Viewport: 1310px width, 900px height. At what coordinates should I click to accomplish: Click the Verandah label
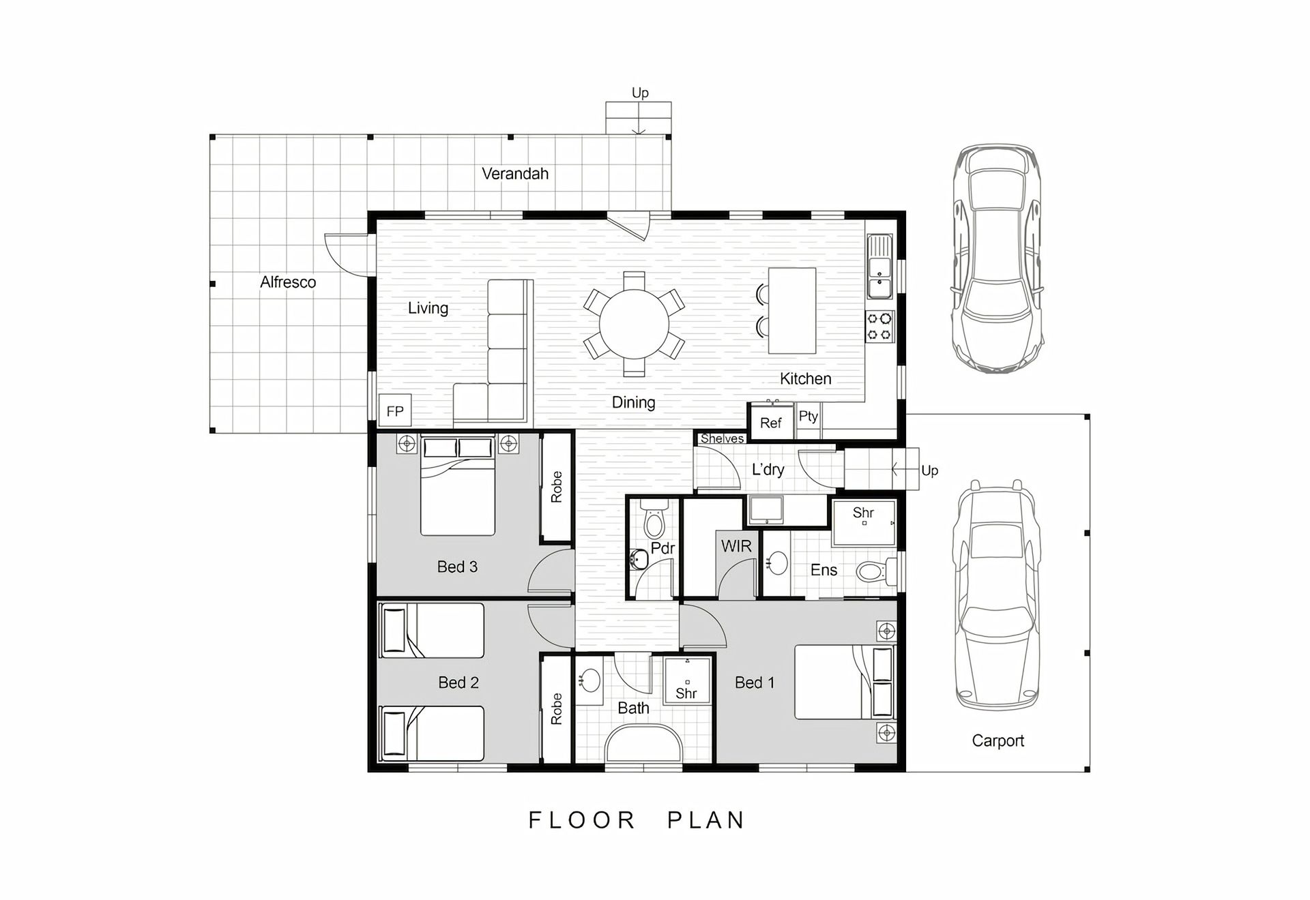pyautogui.click(x=515, y=174)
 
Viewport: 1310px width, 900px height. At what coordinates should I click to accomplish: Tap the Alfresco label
pyautogui.click(x=288, y=282)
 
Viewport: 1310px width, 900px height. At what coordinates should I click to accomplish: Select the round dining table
pyautogui.click(x=634, y=324)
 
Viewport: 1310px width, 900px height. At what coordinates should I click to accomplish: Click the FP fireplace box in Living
pyautogui.click(x=395, y=410)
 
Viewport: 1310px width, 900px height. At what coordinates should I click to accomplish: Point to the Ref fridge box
pyautogui.click(x=771, y=423)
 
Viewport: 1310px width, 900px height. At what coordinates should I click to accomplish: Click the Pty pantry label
pyautogui.click(x=809, y=416)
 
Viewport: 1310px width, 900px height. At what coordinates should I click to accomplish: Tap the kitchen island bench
pyautogui.click(x=792, y=310)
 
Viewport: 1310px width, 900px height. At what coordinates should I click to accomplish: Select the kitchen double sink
pyautogui.click(x=879, y=267)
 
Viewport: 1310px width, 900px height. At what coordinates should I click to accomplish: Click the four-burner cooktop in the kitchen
pyautogui.click(x=879, y=327)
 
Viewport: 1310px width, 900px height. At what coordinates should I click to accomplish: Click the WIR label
pyautogui.click(x=736, y=546)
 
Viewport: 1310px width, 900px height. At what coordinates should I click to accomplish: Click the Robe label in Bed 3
pyautogui.click(x=557, y=487)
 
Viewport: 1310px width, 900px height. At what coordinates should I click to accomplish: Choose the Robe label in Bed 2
pyautogui.click(x=557, y=708)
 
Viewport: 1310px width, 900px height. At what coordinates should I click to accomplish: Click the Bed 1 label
pyautogui.click(x=755, y=682)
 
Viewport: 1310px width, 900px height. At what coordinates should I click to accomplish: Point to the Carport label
pyautogui.click(x=998, y=741)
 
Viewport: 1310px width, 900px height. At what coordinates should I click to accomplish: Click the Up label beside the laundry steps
pyautogui.click(x=929, y=470)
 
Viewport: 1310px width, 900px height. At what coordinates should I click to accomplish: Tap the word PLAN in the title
pyautogui.click(x=706, y=820)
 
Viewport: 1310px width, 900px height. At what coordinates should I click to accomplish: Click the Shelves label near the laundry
pyautogui.click(x=722, y=438)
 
